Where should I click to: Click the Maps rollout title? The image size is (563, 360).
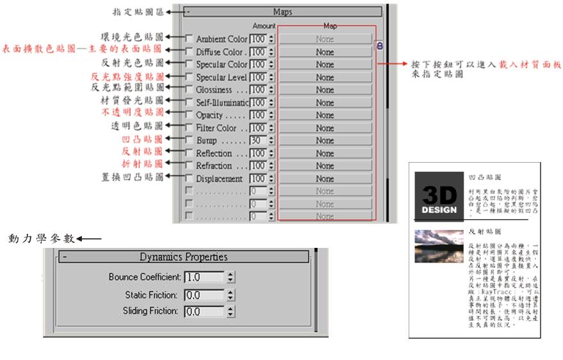tap(282, 12)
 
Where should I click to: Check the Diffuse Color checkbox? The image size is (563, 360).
tap(189, 52)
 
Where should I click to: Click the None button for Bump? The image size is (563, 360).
tap(325, 140)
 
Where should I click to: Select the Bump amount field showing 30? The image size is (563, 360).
tap(257, 140)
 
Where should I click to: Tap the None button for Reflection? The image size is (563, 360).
tap(325, 153)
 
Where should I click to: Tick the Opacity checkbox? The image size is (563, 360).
tap(189, 115)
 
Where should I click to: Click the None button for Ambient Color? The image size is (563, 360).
tap(325, 39)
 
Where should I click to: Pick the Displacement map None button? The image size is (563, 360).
tap(325, 179)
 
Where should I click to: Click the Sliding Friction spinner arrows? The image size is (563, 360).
tap(231, 311)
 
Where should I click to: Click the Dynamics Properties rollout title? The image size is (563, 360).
tap(184, 257)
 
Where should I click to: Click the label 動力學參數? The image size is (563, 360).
tap(40, 239)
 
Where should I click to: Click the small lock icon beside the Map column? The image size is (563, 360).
tap(379, 46)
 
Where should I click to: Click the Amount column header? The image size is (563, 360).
tap(263, 26)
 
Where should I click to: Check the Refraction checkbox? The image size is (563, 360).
tap(189, 166)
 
